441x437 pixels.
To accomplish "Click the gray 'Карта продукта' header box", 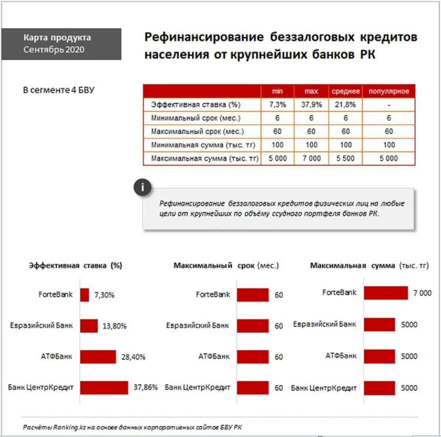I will point(61,44).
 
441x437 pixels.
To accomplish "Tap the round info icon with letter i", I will point(142,188).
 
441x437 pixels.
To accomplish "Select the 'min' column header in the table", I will point(278,92).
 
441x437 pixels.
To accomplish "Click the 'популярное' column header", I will point(389,92).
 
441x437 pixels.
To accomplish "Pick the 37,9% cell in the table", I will point(311,105).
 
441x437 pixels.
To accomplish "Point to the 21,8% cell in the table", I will point(346,105).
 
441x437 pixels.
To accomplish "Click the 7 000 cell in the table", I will point(311,158).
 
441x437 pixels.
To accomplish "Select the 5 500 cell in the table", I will point(346,158).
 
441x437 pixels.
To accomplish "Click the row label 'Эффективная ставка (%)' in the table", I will point(196,105).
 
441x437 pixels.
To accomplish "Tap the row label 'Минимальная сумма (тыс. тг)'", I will point(203,145).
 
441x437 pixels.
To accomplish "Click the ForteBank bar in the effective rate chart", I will point(85,295).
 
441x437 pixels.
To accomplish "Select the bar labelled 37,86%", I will point(104,387).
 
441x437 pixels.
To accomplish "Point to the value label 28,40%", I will point(134,357).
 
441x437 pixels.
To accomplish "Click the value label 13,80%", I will point(115,326).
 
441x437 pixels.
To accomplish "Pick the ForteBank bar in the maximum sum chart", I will point(386,293).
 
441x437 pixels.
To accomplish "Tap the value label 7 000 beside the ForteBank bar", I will point(422,293).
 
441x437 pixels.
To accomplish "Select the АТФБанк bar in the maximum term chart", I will point(253,357).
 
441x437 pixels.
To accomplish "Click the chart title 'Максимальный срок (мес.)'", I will point(226,266).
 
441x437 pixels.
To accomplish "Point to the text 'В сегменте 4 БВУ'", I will point(59,90).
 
